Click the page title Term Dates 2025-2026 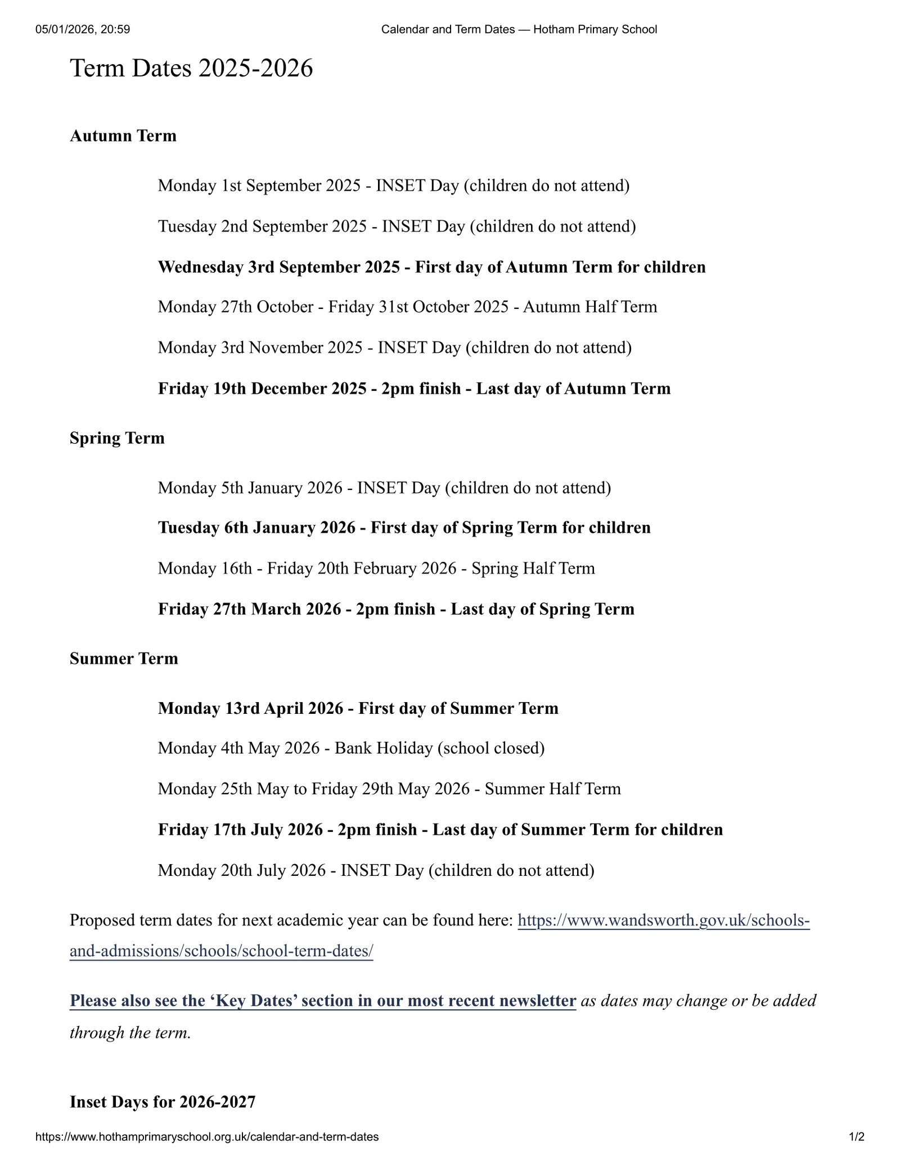(x=191, y=69)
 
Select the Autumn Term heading (x=123, y=136)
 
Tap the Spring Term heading (x=117, y=438)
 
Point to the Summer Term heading (x=124, y=658)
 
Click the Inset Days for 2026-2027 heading (x=163, y=1101)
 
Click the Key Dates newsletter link (x=322, y=1001)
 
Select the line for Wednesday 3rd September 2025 (x=431, y=267)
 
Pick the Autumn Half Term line (x=407, y=307)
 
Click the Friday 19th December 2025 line (x=414, y=389)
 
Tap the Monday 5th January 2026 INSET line (x=384, y=487)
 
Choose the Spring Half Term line (x=376, y=568)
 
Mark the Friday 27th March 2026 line (x=396, y=609)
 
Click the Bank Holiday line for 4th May (x=351, y=748)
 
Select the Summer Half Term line (x=389, y=789)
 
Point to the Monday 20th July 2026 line (x=376, y=870)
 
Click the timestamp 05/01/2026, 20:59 (x=83, y=29)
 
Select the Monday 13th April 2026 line (x=358, y=708)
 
